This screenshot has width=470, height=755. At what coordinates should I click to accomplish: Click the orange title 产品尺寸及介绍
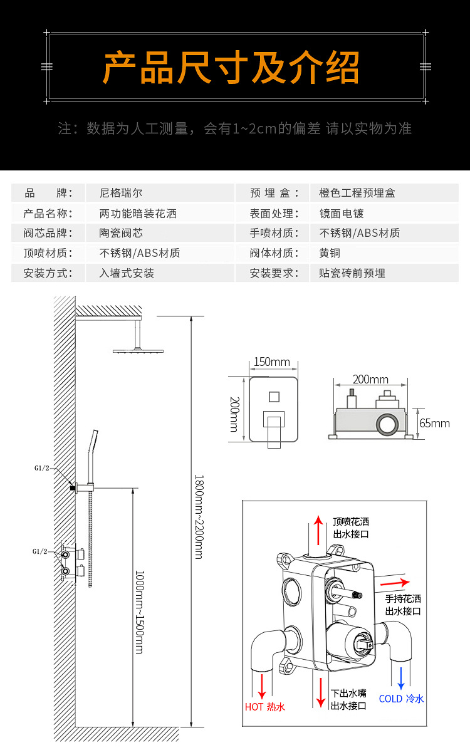231,68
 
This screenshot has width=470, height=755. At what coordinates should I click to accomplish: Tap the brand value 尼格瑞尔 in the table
121,193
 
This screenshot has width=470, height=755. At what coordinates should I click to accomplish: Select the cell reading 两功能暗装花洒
138,213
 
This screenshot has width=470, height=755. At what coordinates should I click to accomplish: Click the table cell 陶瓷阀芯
121,233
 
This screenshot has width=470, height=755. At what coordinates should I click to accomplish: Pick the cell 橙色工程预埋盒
357,193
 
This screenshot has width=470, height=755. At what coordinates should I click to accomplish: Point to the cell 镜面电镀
341,213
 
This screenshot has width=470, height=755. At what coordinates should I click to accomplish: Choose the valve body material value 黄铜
330,253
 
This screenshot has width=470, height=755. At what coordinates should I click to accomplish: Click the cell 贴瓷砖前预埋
352,273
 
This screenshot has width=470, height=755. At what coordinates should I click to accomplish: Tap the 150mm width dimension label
271,362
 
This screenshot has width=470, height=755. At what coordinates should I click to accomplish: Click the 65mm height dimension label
434,424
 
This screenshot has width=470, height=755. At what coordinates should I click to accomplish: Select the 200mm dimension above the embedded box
370,380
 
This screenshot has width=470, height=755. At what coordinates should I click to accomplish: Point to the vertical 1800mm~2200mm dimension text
199,517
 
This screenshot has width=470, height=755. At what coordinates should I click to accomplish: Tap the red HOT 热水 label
264,707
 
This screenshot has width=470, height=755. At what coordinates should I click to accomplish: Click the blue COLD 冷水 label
401,699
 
